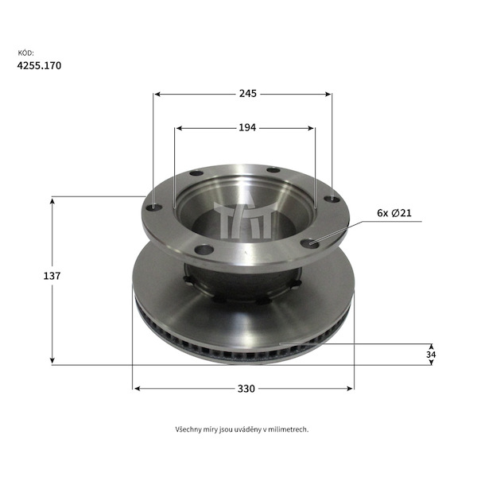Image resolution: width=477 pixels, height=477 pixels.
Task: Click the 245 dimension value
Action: click(247, 94)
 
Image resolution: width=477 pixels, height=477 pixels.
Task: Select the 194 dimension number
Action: click(247, 128)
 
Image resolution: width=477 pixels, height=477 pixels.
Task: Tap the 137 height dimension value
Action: click(52, 276)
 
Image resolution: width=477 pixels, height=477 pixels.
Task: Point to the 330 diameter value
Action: click(246, 389)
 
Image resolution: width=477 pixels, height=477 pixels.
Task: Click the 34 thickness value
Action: click(431, 355)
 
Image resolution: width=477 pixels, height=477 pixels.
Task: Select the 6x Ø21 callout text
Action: click(394, 213)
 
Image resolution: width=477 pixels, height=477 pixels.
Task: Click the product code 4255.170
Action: click(39, 66)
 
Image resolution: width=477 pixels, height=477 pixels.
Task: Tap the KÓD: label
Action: click(26, 53)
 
